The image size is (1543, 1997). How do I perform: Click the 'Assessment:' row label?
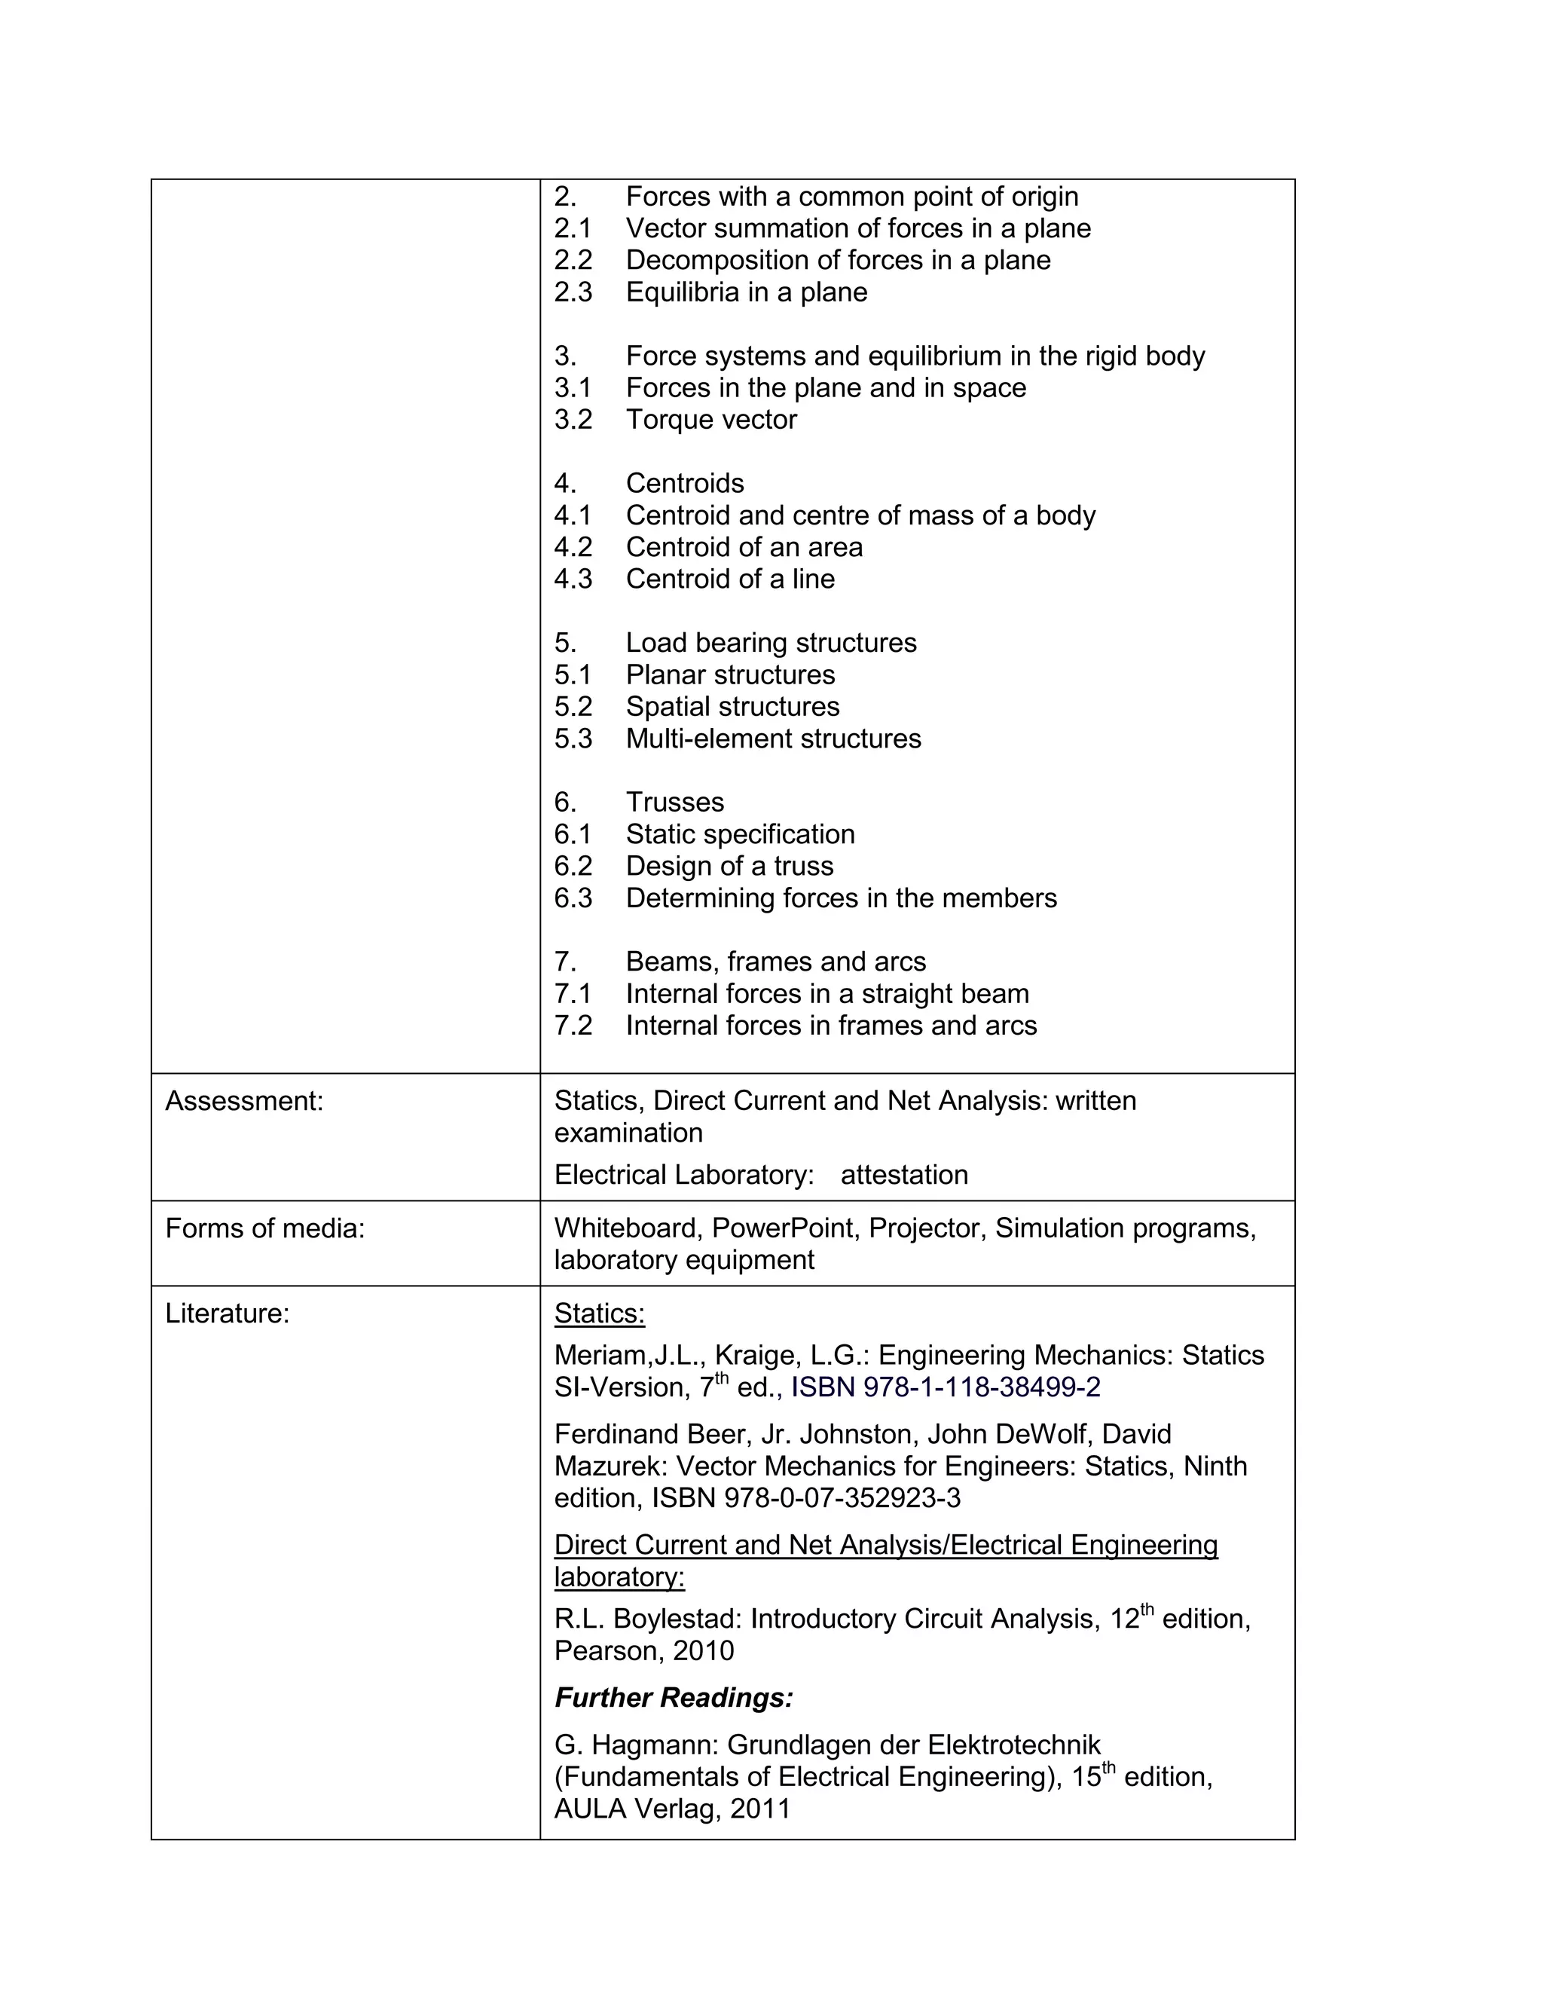pos(244,1101)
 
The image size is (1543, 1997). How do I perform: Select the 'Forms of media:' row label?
pos(264,1228)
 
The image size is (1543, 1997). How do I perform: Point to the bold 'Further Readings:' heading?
pos(674,1697)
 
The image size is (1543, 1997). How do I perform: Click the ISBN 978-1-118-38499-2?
pos(946,1387)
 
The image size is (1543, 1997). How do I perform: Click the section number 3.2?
pos(573,420)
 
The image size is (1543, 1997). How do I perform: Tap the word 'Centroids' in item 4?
pos(685,483)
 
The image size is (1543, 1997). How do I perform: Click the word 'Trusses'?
pos(674,802)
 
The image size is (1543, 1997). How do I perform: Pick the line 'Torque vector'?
pos(711,420)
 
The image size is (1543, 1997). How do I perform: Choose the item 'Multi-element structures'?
pos(773,738)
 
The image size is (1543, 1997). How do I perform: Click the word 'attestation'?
pos(904,1175)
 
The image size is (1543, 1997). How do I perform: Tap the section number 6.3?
pos(573,898)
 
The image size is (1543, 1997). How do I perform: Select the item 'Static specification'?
pos(741,834)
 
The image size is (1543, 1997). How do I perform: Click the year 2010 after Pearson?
pos(703,1650)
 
